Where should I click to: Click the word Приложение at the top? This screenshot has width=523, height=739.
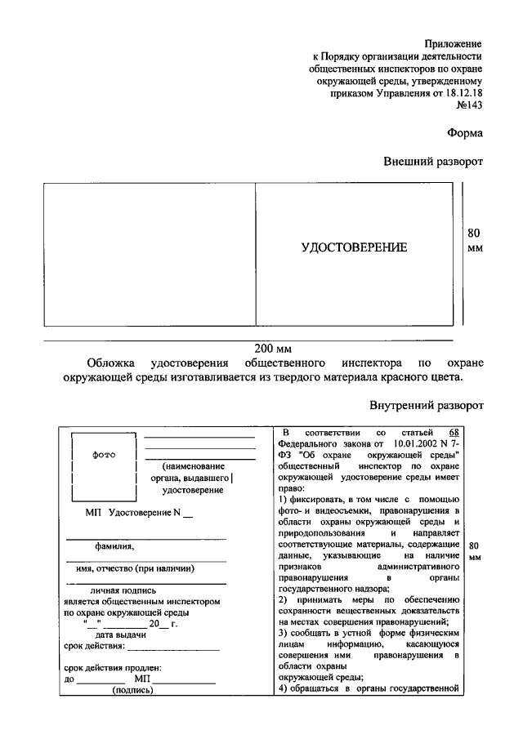coord(453,42)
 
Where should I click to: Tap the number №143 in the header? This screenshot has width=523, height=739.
coord(468,107)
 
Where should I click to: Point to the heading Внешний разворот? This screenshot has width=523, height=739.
coord(433,162)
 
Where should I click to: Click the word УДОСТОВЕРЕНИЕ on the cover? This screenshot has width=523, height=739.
coord(354,247)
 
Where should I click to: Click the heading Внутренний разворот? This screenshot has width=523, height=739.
coord(426,405)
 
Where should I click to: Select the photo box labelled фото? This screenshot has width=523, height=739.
coord(103,468)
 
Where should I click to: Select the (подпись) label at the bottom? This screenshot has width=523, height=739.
coord(132,689)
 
